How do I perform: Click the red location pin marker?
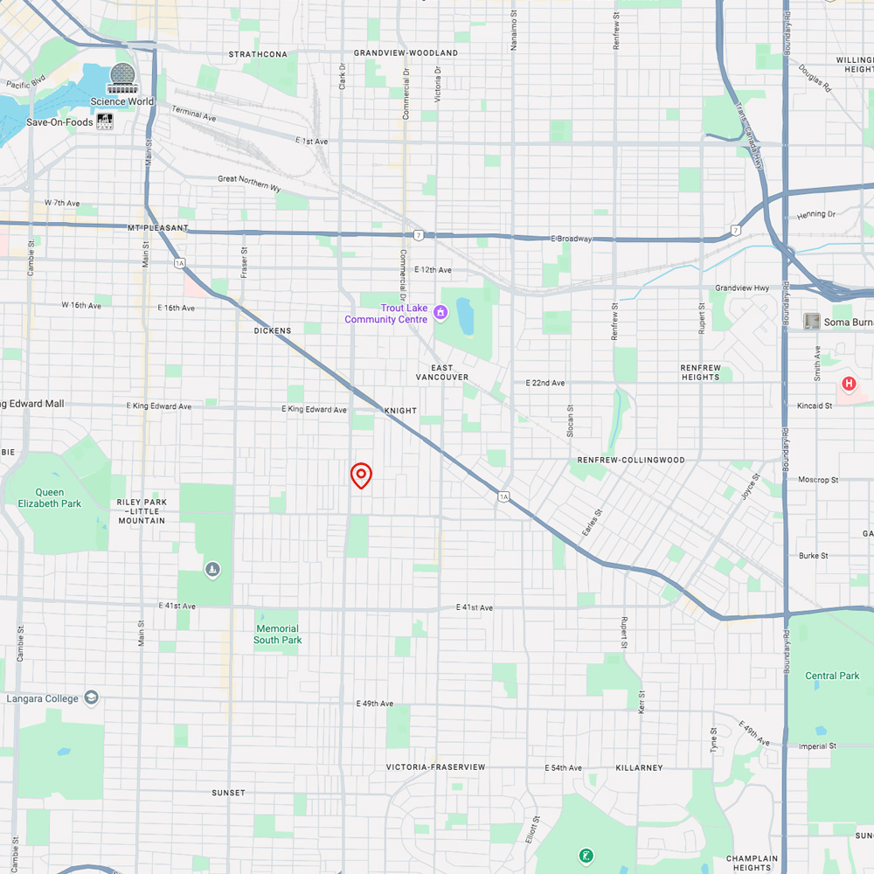coord(361,475)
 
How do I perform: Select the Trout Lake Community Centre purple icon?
coord(440,311)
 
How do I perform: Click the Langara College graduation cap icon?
coord(92,697)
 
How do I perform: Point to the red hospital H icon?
coord(848,384)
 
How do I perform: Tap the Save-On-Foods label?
coord(59,122)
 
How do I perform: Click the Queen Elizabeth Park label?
coord(49,497)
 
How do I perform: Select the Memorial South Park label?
coord(278,635)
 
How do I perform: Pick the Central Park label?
coord(832,676)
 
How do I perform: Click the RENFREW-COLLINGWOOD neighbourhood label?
coord(631,460)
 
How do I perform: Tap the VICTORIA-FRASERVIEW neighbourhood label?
coord(435,767)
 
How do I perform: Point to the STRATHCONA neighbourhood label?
coord(258,54)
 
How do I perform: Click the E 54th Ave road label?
coord(564,767)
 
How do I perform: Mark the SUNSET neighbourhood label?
coord(229,793)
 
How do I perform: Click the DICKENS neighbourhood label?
coord(273,330)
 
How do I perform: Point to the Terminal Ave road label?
coord(193,114)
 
